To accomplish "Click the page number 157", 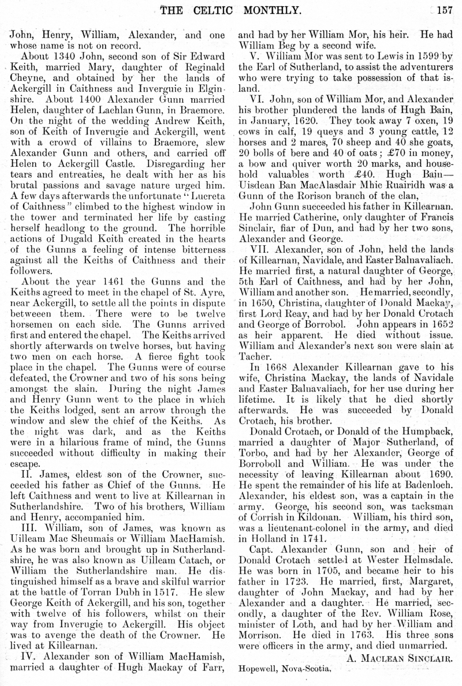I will (x=444, y=9).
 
